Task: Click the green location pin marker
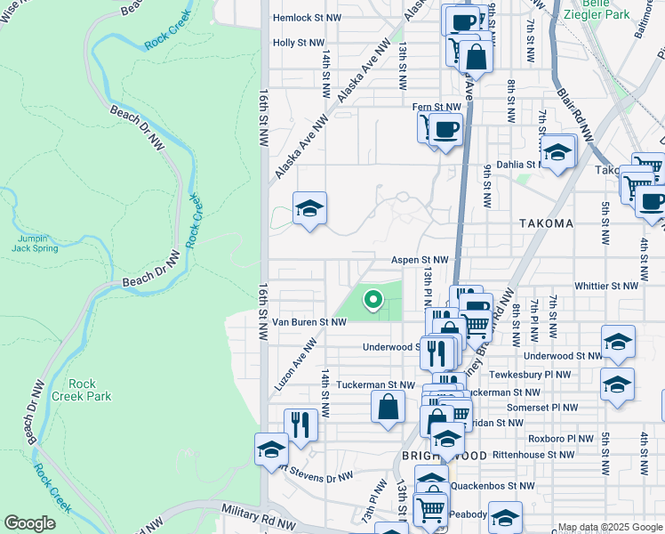click(373, 301)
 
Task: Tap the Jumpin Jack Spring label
click(36, 243)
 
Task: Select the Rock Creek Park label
click(82, 390)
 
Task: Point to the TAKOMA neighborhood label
click(541, 223)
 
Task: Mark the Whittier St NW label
click(606, 286)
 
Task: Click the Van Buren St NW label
click(308, 321)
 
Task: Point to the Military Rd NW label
click(257, 516)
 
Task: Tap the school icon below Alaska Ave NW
click(309, 210)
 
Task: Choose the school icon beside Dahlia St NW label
click(557, 152)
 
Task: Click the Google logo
click(29, 523)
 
